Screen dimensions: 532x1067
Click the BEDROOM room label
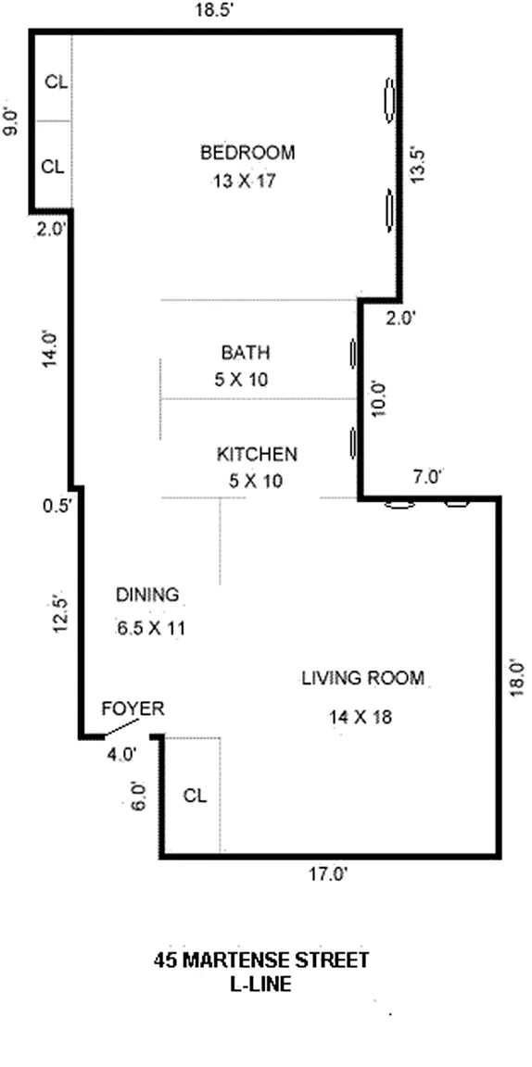pyautogui.click(x=248, y=153)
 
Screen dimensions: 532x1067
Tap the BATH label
pyautogui.click(x=246, y=353)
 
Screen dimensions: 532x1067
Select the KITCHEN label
pyautogui.click(x=257, y=454)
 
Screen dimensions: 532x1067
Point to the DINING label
pyautogui.click(x=147, y=595)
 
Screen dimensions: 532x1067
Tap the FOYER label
pyautogui.click(x=133, y=709)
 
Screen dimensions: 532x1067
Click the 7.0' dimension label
pyautogui.click(x=428, y=477)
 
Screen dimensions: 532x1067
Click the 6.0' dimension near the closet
pyautogui.click(x=138, y=796)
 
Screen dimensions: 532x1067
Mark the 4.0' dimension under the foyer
pyautogui.click(x=122, y=753)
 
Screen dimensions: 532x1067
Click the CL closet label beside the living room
pyautogui.click(x=195, y=796)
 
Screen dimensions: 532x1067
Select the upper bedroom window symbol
pyautogui.click(x=389, y=100)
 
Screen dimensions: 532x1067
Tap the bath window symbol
pyautogui.click(x=353, y=354)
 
